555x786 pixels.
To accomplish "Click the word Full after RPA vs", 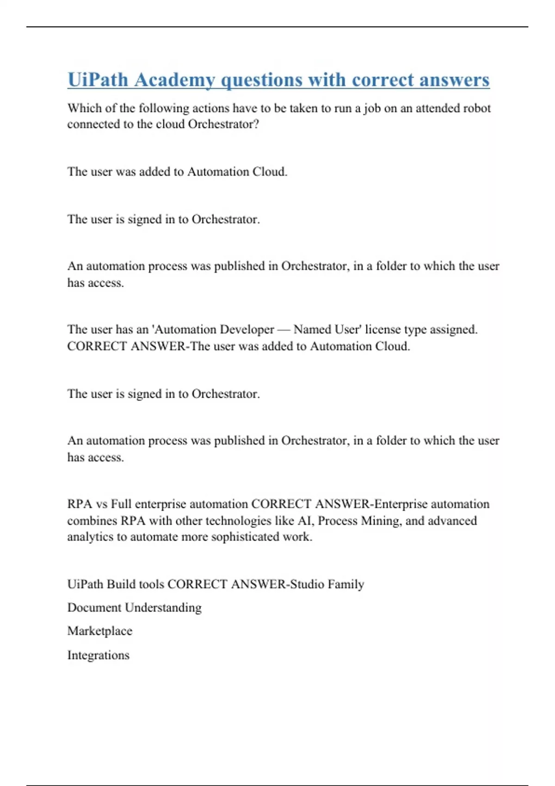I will click(121, 504).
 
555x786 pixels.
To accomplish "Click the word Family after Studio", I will click(345, 584).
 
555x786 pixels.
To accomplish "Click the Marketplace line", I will click(100, 631).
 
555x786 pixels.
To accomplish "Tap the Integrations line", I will click(99, 655).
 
